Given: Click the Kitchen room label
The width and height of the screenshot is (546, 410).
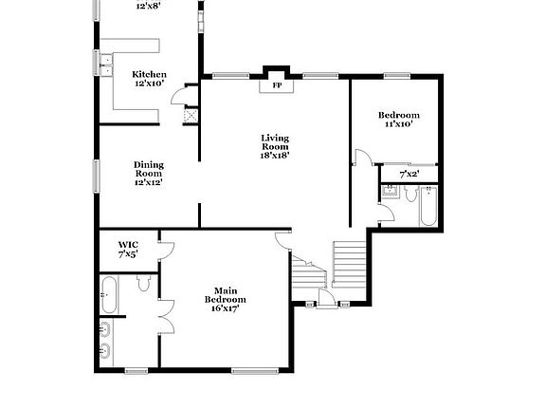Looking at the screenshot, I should pos(149,74).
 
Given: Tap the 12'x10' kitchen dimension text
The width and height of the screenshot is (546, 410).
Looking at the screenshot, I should pos(149,84).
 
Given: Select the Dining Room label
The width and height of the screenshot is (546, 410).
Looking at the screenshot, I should pos(148,168).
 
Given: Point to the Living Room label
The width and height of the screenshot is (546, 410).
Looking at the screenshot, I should pos(275,142).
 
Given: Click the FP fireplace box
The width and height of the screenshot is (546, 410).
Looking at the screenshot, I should pos(278,85).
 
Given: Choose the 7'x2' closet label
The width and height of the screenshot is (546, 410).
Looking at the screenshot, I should pos(409,174).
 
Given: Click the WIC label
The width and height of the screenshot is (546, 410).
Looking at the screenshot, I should pos(128,245).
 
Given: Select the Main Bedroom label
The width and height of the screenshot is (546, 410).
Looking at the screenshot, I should pos(224,295).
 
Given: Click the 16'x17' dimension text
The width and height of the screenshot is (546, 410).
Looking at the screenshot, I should pos(224,307).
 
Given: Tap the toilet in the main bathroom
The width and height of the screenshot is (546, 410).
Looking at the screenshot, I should pos(144,282).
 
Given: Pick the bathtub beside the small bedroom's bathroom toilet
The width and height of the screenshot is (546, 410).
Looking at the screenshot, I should pos(428,206).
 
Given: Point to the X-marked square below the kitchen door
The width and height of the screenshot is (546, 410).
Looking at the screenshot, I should pos(191,115).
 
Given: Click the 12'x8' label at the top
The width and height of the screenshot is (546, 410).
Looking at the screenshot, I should pos(148,6).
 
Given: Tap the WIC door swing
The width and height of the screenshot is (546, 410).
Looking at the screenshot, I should pos(166,250).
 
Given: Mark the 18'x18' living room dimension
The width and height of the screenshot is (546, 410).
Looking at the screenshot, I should pos(275,155).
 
